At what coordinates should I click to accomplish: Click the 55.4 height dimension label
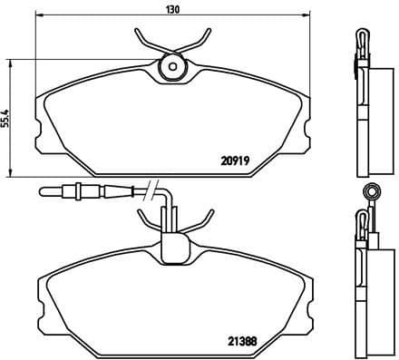click(7, 118)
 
